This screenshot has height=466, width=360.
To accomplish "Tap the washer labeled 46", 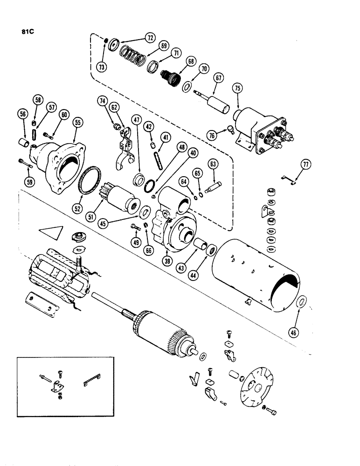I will [x=302, y=302].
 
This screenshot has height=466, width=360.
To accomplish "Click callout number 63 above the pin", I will [x=214, y=164].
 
